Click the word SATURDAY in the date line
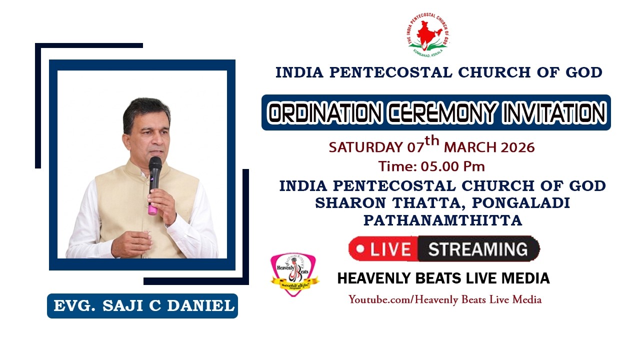pos(365,147)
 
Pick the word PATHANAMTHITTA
pos(442,220)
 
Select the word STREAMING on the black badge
pos(478,249)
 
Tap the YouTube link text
pos(445,299)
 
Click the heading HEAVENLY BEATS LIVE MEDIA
pos(443,278)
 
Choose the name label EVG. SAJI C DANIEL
pos(143,306)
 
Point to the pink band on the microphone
pos(152,209)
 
